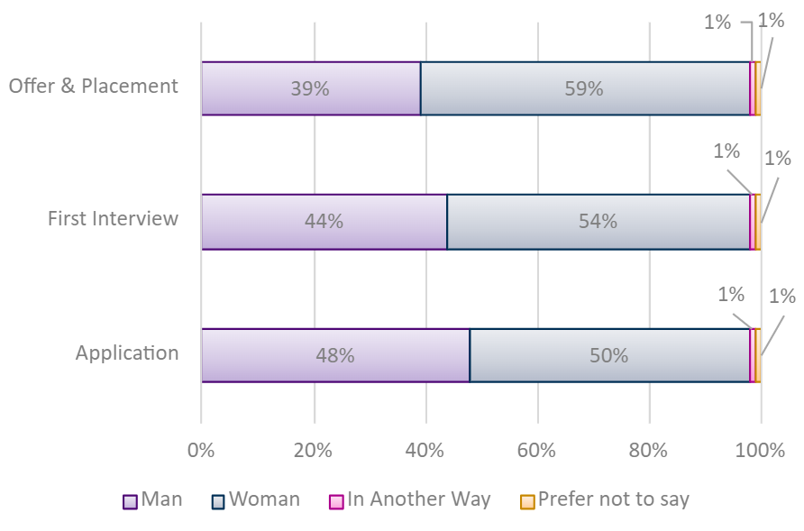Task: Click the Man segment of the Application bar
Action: [270, 355]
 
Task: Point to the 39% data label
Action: [309, 88]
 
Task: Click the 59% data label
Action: [583, 88]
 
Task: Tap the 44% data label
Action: [324, 221]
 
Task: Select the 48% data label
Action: [334, 355]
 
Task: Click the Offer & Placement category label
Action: [94, 87]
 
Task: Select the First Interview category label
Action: [113, 219]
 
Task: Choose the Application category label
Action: [127, 352]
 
